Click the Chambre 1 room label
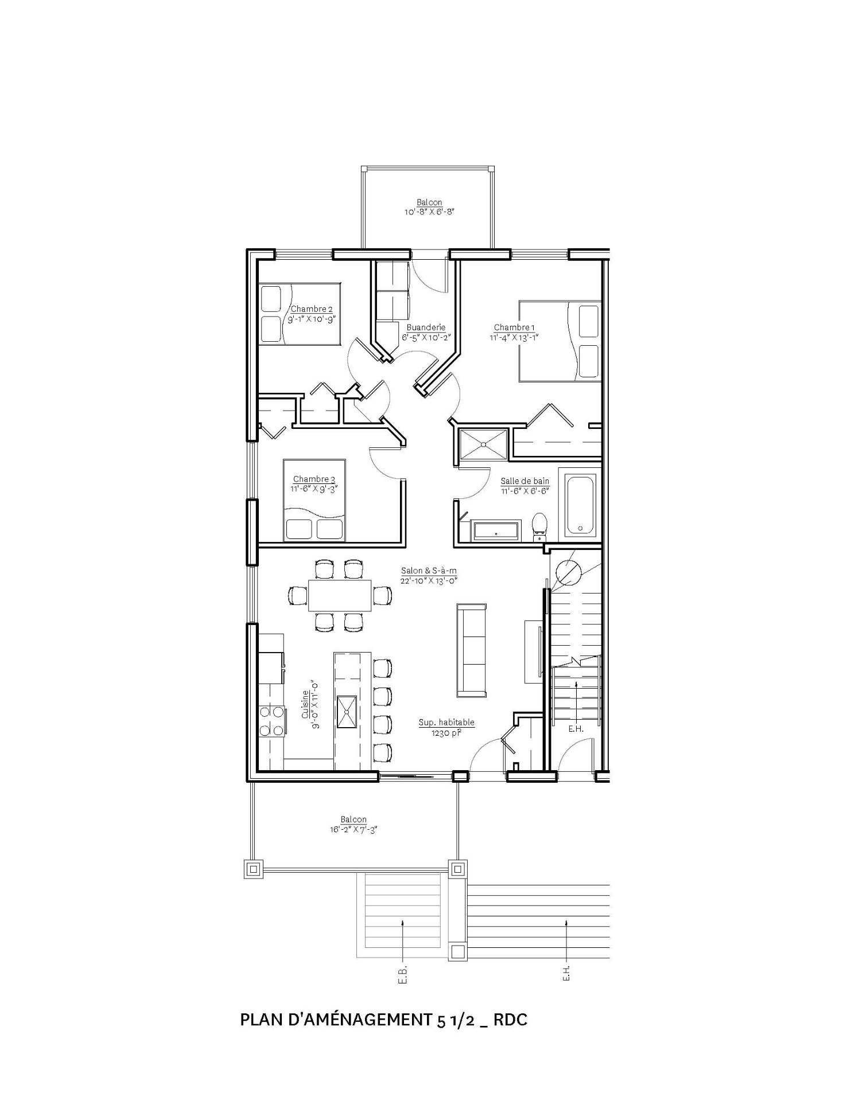coord(514,328)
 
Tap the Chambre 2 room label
coord(312,310)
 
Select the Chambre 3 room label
coord(314,479)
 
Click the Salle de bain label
coord(524,481)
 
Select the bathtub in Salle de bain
coord(582,505)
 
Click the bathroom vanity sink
coord(496,531)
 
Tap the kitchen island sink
coord(347,712)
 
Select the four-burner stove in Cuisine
coord(271,721)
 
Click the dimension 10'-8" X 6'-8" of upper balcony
coord(430,212)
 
